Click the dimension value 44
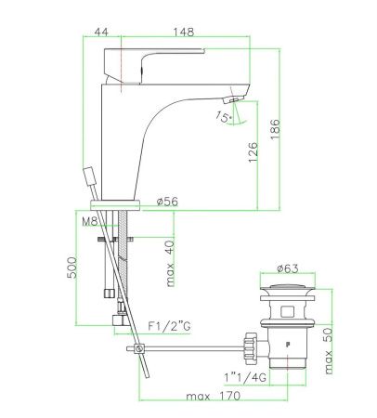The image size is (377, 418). [101, 32]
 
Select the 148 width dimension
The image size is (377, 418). [184, 32]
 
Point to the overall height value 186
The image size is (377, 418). [275, 129]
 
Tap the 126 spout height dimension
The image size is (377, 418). [253, 151]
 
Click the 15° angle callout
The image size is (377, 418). [224, 117]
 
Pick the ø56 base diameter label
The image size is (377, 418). [167, 202]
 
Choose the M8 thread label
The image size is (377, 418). [90, 221]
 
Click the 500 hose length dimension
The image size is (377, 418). [71, 268]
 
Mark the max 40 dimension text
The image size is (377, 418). [170, 264]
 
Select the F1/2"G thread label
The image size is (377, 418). [169, 326]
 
